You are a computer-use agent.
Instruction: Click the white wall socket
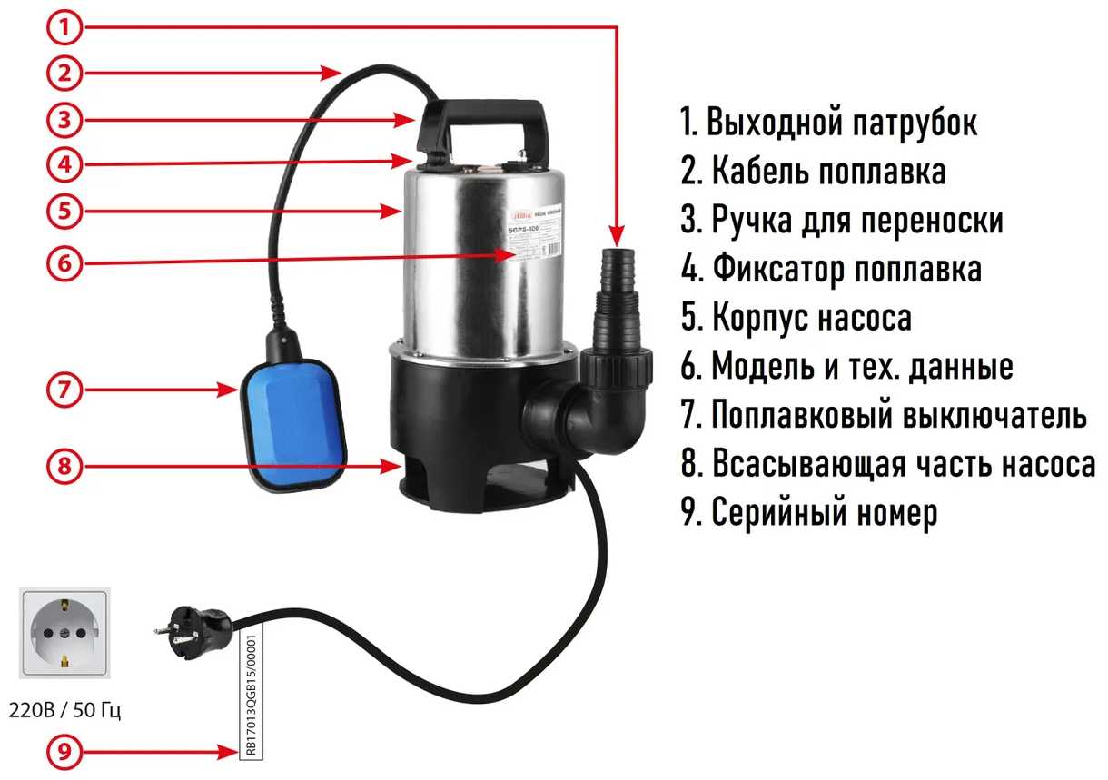click(x=63, y=634)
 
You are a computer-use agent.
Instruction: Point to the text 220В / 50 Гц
click(x=64, y=710)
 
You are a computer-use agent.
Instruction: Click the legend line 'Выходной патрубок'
click(x=829, y=123)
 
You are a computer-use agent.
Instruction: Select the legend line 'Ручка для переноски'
click(x=842, y=221)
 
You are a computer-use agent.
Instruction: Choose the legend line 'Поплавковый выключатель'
click(x=883, y=416)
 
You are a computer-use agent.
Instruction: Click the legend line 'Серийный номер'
click(x=808, y=514)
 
